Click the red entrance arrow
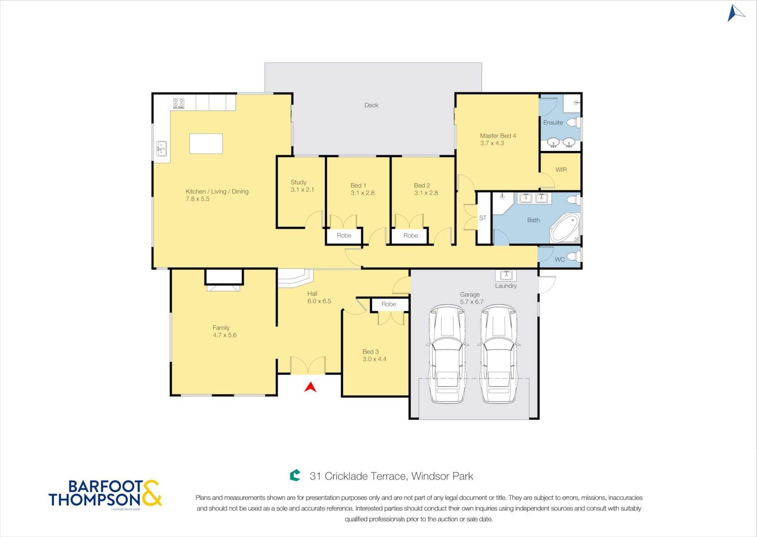tap(310, 387)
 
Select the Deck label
tap(371, 105)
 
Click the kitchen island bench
tap(206, 143)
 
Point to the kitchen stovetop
tap(179, 104)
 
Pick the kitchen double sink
tap(161, 149)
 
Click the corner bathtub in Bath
tap(565, 228)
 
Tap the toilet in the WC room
tap(573, 256)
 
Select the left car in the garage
tap(447, 354)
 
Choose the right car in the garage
tap(499, 354)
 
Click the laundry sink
tap(506, 275)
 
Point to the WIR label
tap(561, 170)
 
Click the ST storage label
tap(483, 218)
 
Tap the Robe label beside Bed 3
tap(388, 304)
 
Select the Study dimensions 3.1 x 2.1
tap(302, 190)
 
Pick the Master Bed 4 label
tap(498, 135)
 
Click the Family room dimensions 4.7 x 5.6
tap(225, 335)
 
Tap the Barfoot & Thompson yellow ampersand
tap(151, 493)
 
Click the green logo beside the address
tap(295, 475)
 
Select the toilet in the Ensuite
tap(573, 123)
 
